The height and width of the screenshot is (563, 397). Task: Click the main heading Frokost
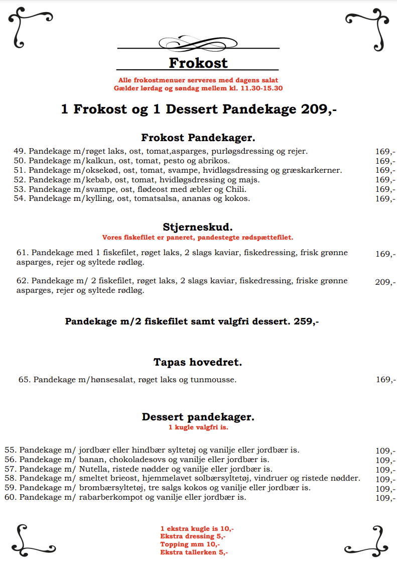198,63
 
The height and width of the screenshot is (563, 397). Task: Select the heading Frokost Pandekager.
198,138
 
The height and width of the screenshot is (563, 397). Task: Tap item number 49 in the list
20,151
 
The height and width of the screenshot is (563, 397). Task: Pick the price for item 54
385,199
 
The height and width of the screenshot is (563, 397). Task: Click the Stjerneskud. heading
198,227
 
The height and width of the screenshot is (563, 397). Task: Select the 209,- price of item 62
385,282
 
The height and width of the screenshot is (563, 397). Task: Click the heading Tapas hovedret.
198,362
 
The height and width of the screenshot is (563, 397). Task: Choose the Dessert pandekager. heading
198,417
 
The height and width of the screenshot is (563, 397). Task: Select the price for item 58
385,479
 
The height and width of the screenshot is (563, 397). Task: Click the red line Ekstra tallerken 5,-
194,552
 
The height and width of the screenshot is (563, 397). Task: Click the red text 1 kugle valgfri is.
198,428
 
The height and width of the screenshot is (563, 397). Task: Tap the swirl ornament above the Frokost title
198,43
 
